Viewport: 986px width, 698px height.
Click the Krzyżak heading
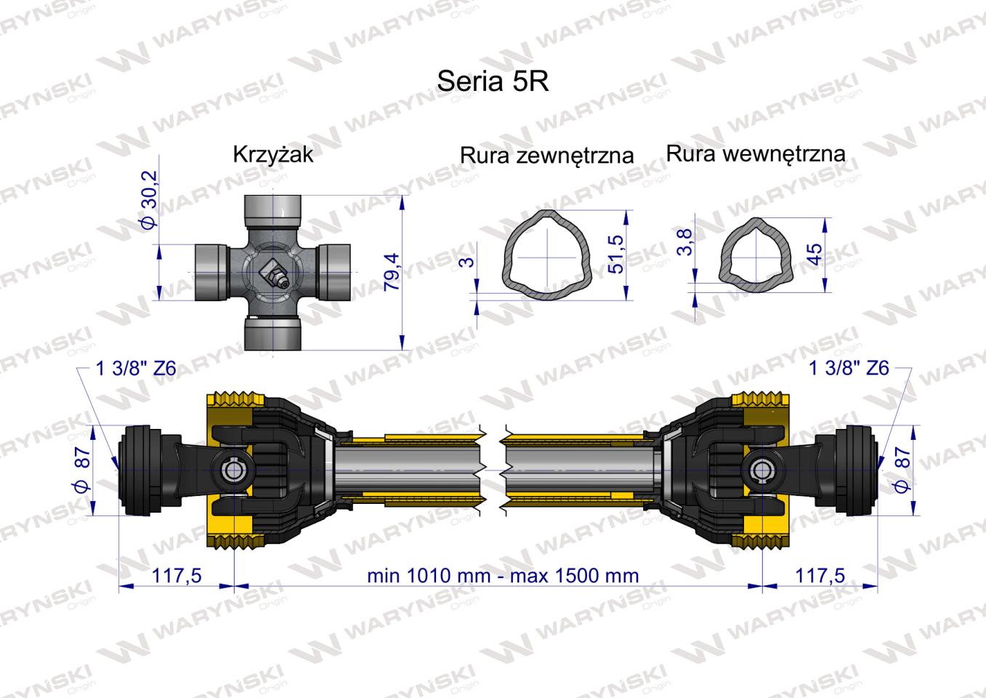(272, 154)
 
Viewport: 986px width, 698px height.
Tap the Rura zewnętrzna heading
(546, 155)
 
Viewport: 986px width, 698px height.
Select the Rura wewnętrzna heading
(756, 153)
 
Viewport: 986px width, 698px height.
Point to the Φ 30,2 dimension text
(148, 200)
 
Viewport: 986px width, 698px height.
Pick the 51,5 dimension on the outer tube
(616, 254)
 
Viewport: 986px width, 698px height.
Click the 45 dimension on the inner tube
(815, 254)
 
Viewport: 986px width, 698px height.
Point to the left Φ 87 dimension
(82, 469)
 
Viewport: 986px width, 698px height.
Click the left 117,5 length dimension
(176, 576)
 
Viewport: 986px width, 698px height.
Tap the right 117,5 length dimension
(820, 576)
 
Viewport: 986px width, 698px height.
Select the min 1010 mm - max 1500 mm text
(503, 576)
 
